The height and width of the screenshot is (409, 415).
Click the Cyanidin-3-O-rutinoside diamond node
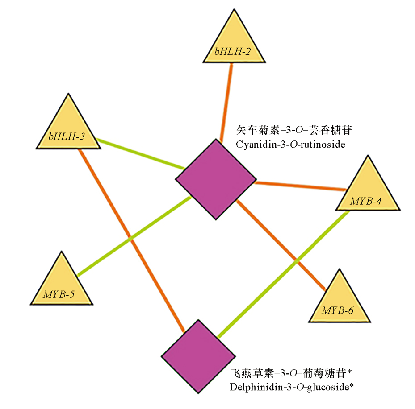click(216, 179)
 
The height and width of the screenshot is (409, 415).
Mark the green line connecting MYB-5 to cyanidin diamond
click(134, 236)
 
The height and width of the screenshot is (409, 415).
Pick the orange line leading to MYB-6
click(281, 245)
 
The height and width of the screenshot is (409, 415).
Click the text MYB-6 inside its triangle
click(338, 310)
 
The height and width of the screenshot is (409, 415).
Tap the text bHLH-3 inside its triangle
click(67, 136)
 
